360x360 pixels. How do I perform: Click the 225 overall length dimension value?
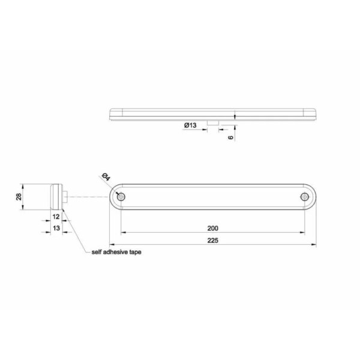pyautogui.click(x=213, y=241)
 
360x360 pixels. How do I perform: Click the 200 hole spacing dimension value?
pyautogui.click(x=213, y=228)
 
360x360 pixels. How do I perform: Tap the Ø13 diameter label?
pyautogui.click(x=190, y=125)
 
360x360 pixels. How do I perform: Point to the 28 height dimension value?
pyautogui.click(x=19, y=197)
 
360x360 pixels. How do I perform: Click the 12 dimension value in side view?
pyautogui.click(x=56, y=217)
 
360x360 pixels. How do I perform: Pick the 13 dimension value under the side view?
pyautogui.click(x=56, y=228)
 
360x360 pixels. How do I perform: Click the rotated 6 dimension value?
pyautogui.click(x=231, y=137)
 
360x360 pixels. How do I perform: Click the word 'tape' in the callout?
pyautogui.click(x=136, y=253)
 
